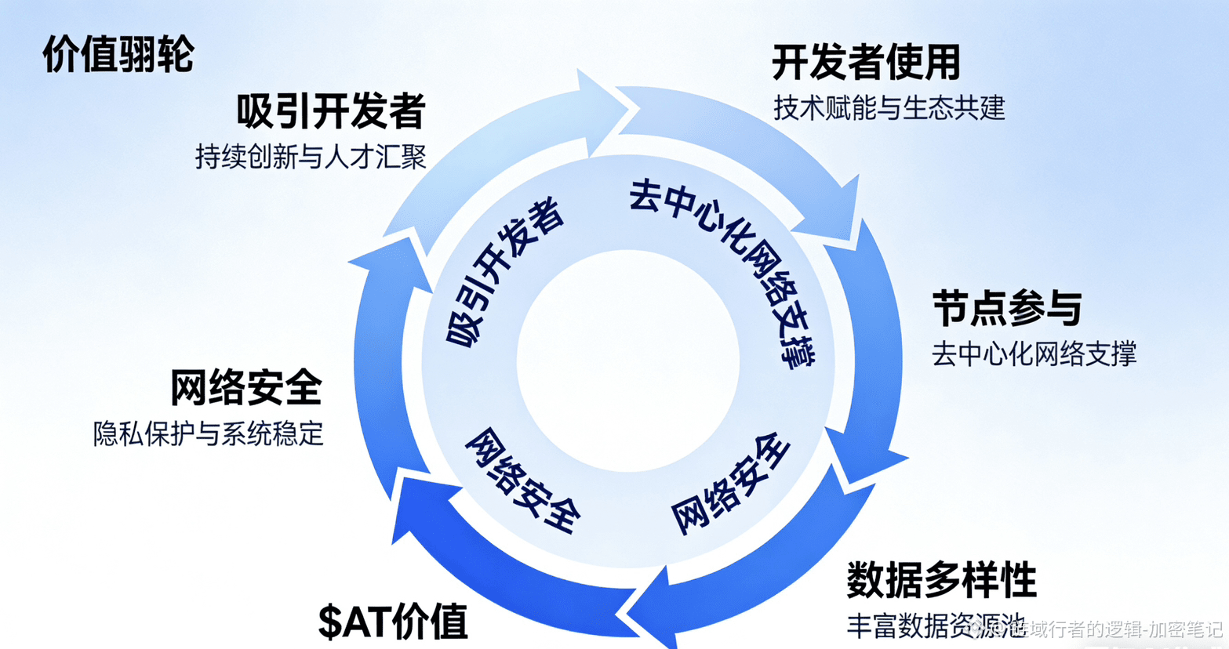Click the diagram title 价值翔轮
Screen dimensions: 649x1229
118,55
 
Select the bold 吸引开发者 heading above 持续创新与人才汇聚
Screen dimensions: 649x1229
330,111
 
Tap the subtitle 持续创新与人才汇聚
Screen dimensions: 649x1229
311,157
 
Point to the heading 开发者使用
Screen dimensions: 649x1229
866,63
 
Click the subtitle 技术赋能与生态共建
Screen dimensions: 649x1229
889,108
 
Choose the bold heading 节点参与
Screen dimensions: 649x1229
1007,308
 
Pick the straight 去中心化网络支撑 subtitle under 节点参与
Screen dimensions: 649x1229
1034,354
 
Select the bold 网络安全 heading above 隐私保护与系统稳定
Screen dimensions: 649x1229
246,387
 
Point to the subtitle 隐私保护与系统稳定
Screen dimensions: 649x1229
209,433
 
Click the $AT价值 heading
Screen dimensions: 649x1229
393,622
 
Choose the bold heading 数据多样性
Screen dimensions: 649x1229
941,580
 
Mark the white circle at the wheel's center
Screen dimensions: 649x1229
627,361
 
